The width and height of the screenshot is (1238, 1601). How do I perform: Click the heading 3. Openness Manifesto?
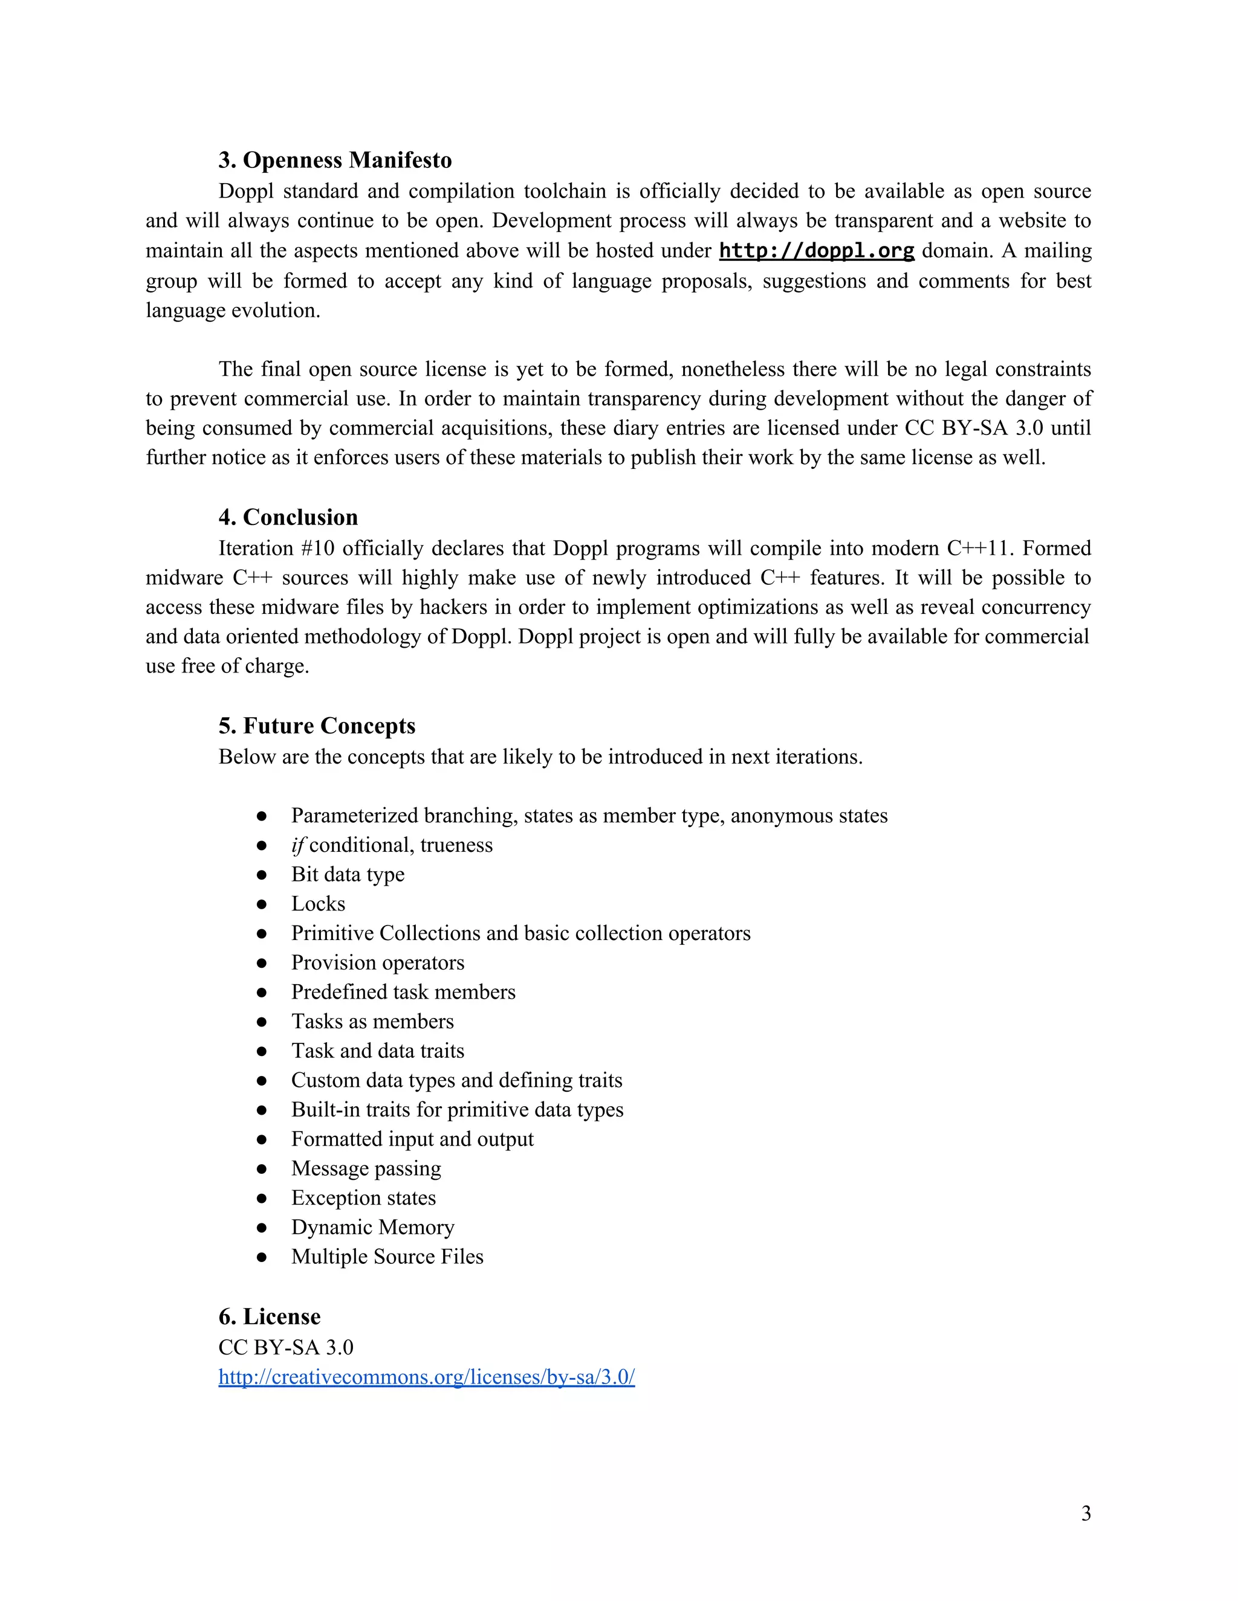click(334, 160)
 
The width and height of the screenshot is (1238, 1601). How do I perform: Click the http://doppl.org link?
click(816, 251)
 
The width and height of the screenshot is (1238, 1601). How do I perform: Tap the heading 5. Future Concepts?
click(316, 725)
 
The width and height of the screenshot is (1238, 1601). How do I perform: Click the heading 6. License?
click(269, 1316)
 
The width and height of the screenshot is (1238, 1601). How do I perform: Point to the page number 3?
click(1086, 1513)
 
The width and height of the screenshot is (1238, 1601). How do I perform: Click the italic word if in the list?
click(297, 845)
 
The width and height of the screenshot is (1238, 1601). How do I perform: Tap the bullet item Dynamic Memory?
click(372, 1226)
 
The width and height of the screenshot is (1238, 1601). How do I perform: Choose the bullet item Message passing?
click(365, 1168)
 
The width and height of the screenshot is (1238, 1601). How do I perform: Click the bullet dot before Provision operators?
click(262, 962)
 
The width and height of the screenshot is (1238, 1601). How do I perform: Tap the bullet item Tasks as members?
click(372, 1021)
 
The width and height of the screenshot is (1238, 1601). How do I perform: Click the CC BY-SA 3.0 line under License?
click(285, 1347)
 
